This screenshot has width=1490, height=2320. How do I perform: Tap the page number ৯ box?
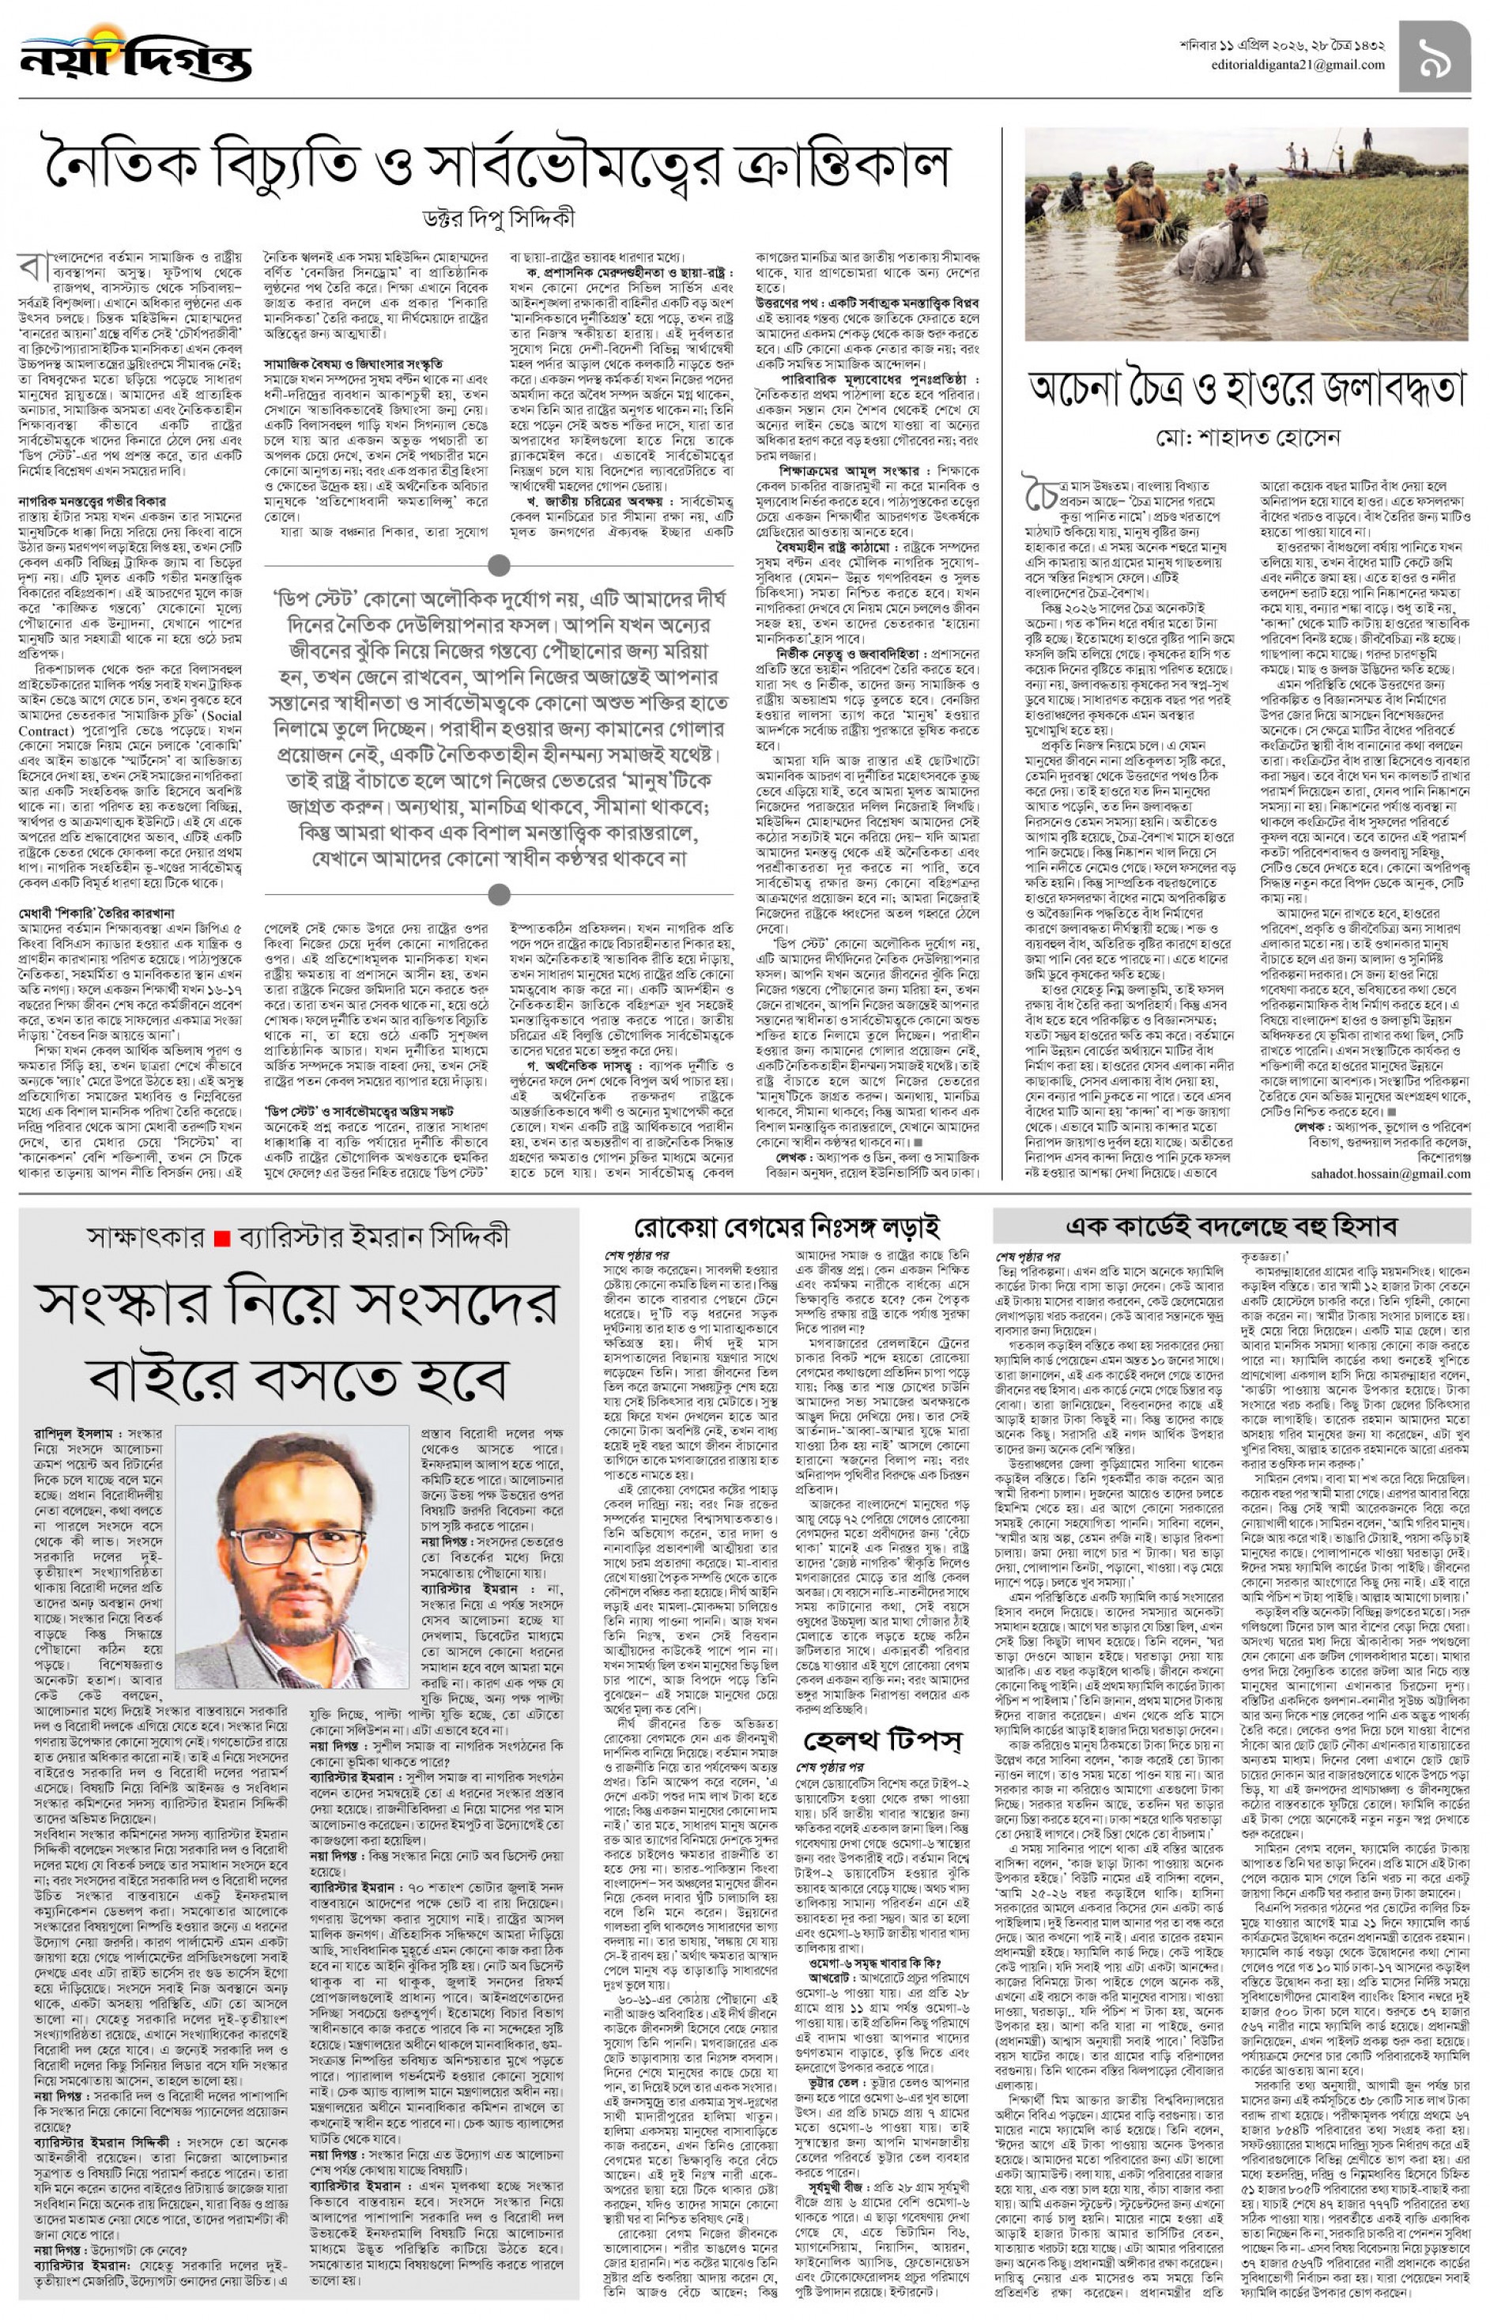[x=1434, y=57]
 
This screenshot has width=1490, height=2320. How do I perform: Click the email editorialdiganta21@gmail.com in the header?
[x=1297, y=65]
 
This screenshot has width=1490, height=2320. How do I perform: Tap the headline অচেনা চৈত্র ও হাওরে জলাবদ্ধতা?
[x=1247, y=389]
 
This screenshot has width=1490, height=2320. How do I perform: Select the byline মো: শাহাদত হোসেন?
[x=1247, y=437]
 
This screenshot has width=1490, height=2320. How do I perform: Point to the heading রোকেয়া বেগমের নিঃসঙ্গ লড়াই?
[x=786, y=1228]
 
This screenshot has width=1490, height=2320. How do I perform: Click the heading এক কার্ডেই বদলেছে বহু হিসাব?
[x=1232, y=1227]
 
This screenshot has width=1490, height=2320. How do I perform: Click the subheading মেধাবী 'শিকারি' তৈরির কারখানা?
[x=96, y=912]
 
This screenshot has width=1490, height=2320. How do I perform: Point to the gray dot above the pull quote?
[x=500, y=565]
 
